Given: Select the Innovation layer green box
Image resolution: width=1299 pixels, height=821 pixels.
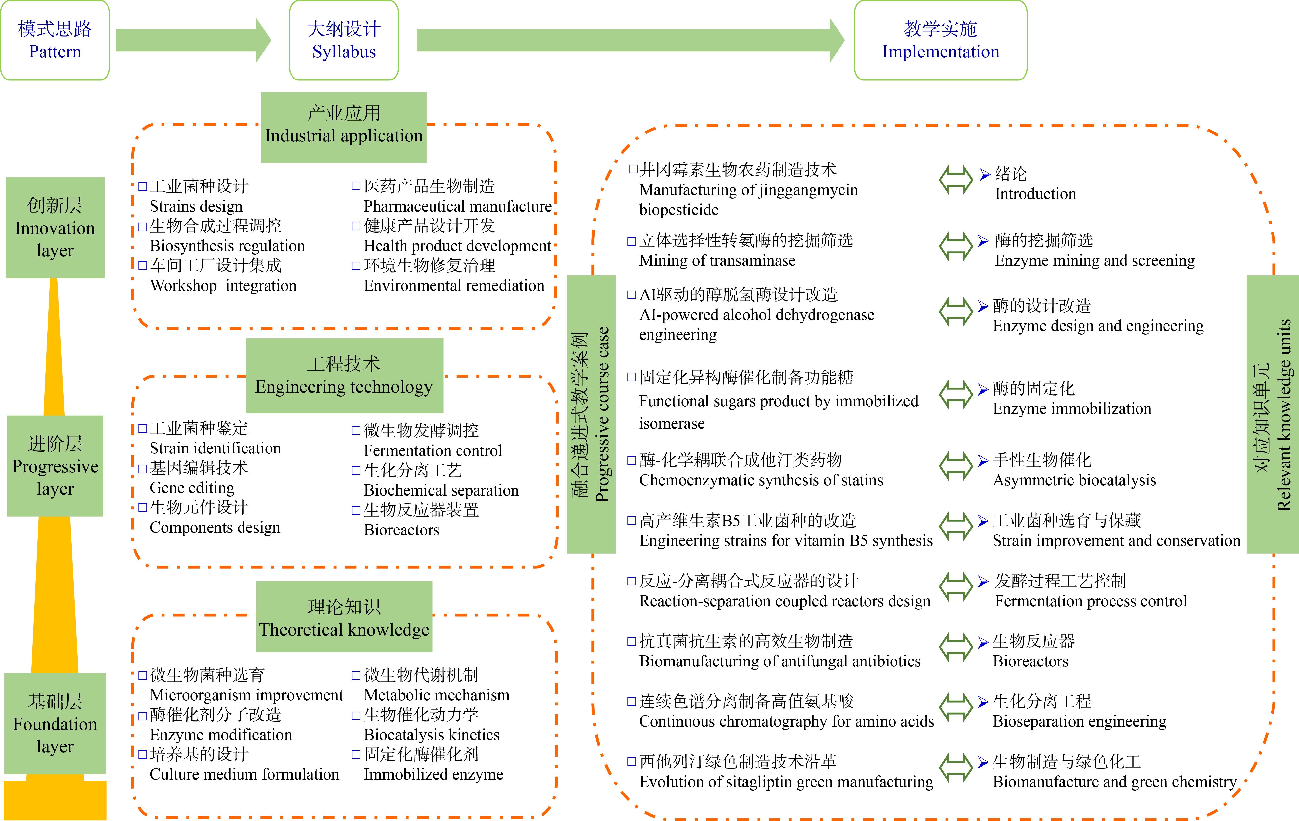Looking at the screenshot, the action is [x=55, y=228].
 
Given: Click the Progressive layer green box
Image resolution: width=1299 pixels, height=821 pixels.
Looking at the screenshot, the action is [x=55, y=466].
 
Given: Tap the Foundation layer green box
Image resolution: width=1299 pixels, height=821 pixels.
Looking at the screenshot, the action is [x=55, y=723].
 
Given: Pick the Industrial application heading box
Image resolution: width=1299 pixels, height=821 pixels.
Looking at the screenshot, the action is [x=344, y=127].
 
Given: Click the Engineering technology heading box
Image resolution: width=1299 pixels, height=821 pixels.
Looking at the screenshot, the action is [x=344, y=375].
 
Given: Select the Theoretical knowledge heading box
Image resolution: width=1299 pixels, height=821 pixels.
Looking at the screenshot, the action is [x=344, y=617].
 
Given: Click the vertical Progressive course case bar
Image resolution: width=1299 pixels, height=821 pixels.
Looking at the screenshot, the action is [x=591, y=414].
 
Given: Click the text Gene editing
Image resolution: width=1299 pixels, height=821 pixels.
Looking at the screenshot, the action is [x=192, y=488].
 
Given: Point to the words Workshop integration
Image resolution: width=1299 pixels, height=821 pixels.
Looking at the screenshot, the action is [x=223, y=285].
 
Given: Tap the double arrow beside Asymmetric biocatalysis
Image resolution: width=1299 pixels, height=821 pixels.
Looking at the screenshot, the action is [x=955, y=466].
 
